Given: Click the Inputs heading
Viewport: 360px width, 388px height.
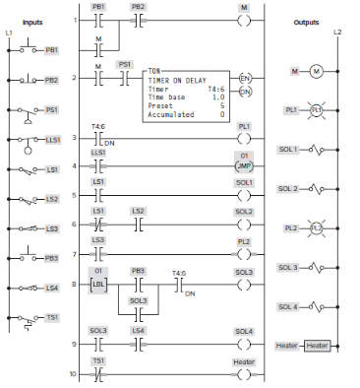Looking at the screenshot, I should coord(33,21).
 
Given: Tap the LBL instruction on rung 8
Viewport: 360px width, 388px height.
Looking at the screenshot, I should coord(98,285).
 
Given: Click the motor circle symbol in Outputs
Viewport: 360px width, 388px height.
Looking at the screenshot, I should coord(318,72).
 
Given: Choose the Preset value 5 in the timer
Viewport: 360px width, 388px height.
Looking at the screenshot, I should coord(221,106).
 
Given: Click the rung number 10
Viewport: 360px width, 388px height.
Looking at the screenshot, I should coord(72,374).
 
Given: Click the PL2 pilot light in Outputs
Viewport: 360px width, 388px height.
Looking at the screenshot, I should coord(318,228).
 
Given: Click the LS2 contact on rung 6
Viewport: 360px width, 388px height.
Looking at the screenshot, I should coord(138,225).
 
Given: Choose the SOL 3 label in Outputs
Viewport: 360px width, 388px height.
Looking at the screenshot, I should coord(288,268).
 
